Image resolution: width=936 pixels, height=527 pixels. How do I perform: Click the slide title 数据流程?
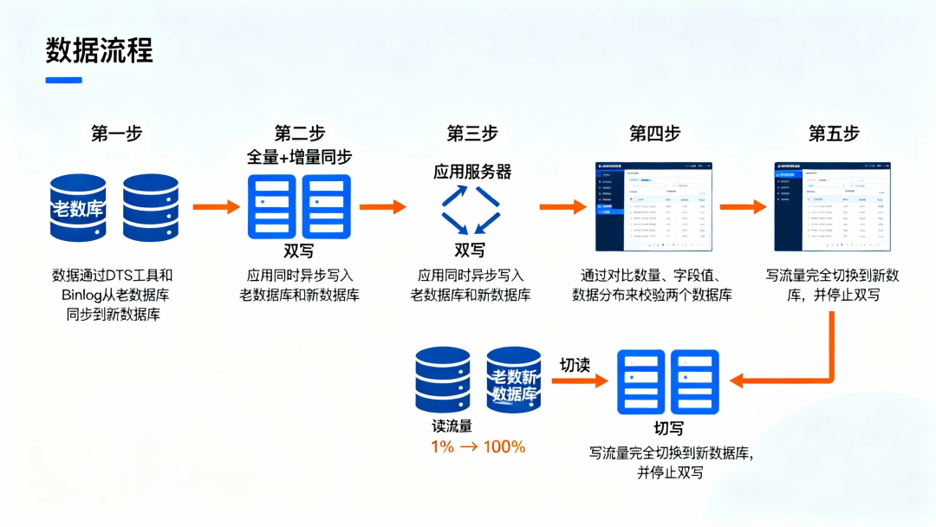(x=99, y=50)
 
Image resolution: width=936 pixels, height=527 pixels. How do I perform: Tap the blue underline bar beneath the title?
(x=63, y=81)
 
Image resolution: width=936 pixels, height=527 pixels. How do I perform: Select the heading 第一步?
(x=117, y=133)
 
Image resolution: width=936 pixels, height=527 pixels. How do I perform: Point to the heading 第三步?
(x=472, y=133)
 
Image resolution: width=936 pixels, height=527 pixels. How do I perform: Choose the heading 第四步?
(x=654, y=133)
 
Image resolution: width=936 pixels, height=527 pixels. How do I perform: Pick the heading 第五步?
(x=834, y=133)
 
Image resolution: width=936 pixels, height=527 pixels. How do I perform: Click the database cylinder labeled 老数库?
(x=78, y=208)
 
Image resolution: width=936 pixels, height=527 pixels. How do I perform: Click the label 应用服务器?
(x=472, y=172)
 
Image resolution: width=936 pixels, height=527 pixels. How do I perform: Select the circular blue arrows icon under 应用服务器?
(x=471, y=210)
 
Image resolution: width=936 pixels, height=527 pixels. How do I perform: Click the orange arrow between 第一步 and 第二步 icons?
(x=215, y=206)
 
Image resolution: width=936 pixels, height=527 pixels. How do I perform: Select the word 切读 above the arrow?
(x=575, y=364)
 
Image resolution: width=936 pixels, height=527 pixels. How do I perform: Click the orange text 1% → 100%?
(x=478, y=447)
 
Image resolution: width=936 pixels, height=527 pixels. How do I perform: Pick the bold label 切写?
(x=668, y=428)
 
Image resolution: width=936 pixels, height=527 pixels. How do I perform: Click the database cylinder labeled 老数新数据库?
(x=514, y=381)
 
